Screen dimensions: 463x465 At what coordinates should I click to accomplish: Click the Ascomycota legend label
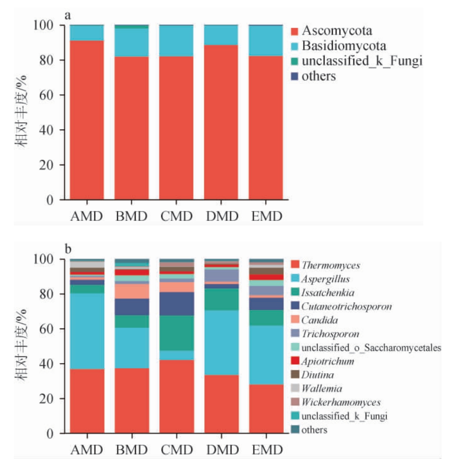pyautogui.click(x=337, y=31)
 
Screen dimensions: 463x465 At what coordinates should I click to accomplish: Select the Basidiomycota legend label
pyautogui.click(x=344, y=46)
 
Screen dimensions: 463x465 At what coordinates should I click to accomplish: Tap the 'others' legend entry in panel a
pyautogui.click(x=318, y=76)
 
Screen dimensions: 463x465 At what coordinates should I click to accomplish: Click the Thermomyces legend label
pyautogui.click(x=331, y=265)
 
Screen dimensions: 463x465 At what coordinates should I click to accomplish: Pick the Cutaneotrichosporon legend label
pyautogui.click(x=346, y=307)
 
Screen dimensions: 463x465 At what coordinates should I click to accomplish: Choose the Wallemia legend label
pyautogui.click(x=321, y=388)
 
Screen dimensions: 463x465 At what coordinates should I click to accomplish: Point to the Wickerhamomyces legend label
pyautogui.click(x=341, y=402)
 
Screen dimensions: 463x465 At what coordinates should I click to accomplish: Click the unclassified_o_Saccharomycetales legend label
pyautogui.click(x=371, y=348)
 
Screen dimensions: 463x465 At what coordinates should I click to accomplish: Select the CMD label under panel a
pyautogui.click(x=176, y=216)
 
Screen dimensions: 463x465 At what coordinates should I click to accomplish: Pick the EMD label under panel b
pyautogui.click(x=267, y=450)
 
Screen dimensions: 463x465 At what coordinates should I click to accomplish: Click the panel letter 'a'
pyautogui.click(x=67, y=16)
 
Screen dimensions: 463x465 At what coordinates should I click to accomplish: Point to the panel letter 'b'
pyautogui.click(x=68, y=250)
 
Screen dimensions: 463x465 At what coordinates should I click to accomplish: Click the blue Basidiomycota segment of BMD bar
pyautogui.click(x=132, y=43)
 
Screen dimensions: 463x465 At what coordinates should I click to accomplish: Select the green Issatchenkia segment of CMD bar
pyautogui.click(x=176, y=333)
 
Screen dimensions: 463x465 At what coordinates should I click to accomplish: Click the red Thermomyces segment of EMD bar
pyautogui.click(x=266, y=409)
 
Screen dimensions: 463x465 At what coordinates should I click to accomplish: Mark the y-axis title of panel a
pyautogui.click(x=21, y=110)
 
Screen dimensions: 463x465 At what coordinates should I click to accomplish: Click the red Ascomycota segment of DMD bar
pyautogui.click(x=222, y=122)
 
